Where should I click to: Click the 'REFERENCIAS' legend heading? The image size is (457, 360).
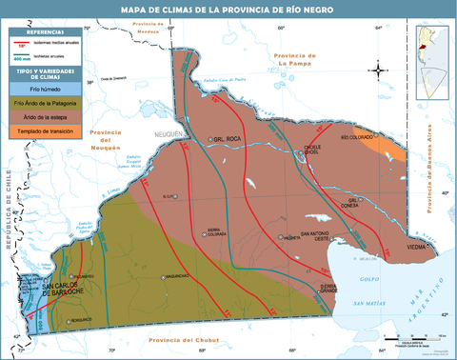tap(39, 33)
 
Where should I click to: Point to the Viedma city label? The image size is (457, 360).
tap(417, 247)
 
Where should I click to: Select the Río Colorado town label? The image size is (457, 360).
tap(358, 137)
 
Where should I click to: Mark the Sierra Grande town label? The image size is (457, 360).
tap(329, 288)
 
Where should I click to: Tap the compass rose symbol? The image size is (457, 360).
tap(378, 70)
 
